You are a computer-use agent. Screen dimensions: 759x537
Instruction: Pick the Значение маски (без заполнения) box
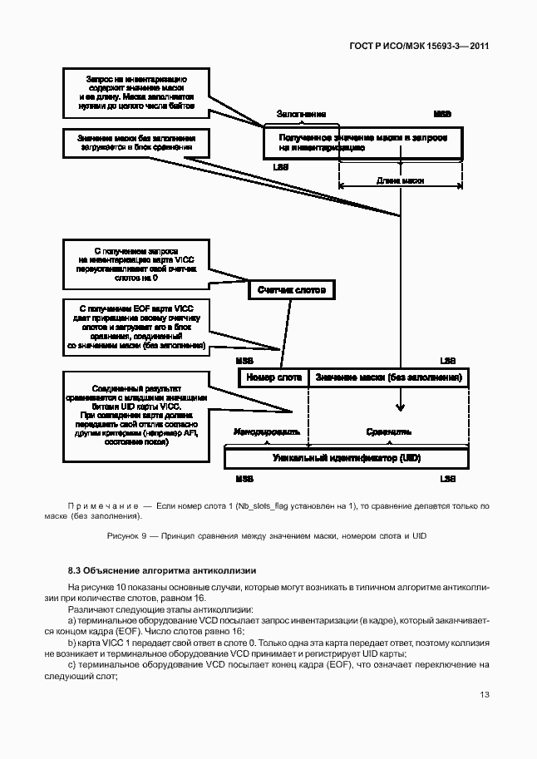point(387,377)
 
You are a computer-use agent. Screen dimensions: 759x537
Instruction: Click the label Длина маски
point(401,180)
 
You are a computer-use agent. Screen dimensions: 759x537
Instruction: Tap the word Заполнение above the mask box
point(301,114)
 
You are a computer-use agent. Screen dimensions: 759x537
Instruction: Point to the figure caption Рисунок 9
point(267,536)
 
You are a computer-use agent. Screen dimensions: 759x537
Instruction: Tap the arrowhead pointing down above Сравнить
point(401,407)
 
